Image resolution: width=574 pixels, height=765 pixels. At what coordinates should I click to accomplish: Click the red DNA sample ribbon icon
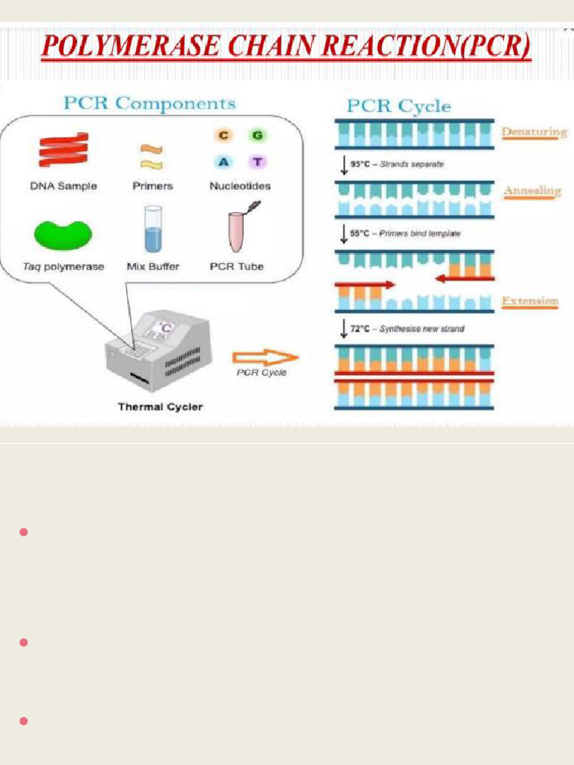64,150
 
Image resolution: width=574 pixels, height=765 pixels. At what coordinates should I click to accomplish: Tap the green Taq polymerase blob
63,234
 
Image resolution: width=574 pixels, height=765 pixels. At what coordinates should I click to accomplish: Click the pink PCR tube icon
238,230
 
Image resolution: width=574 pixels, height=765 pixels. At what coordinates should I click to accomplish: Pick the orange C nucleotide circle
223,135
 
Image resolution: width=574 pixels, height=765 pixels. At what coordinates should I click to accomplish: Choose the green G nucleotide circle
258,135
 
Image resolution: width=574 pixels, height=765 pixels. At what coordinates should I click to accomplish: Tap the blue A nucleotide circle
223,162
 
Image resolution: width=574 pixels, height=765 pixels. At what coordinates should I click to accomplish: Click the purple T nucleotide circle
258,162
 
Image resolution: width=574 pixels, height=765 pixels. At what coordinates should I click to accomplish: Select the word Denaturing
534,132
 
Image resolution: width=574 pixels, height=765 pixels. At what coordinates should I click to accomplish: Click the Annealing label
531,191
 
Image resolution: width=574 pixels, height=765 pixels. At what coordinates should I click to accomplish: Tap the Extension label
530,301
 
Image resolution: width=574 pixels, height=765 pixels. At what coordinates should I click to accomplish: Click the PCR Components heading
149,103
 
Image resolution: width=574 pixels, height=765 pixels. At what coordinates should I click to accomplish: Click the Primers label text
152,186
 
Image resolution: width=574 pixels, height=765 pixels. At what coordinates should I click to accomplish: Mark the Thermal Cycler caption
160,407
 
